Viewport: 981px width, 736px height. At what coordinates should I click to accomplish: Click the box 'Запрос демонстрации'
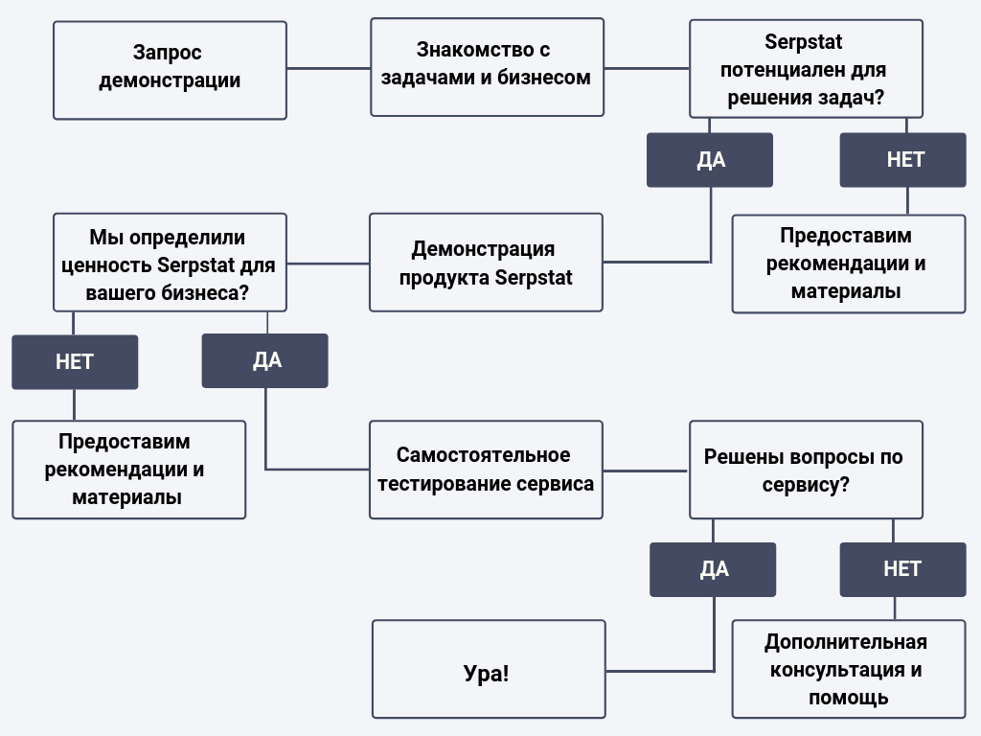[170, 70]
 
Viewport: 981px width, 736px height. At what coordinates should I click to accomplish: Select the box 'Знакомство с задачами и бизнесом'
[487, 67]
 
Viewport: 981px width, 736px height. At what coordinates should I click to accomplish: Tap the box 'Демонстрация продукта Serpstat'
[486, 263]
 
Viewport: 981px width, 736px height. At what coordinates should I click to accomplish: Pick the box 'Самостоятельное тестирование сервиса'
[486, 470]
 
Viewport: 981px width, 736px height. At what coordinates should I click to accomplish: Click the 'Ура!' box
[489, 669]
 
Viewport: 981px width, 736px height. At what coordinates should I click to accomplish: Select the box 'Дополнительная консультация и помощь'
[849, 669]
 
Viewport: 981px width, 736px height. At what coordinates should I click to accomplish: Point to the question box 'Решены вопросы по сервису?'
[806, 470]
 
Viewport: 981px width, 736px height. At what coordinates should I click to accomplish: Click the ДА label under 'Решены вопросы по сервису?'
[713, 569]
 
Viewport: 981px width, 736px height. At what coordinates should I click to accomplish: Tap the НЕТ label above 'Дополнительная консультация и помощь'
[902, 569]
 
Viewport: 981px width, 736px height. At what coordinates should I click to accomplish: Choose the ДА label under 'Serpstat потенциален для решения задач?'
[710, 160]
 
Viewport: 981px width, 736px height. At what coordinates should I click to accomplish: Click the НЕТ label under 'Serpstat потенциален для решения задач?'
[902, 160]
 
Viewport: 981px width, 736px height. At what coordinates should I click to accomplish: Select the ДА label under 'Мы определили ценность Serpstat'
[264, 360]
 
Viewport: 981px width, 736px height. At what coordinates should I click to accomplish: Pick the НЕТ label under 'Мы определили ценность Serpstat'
[75, 361]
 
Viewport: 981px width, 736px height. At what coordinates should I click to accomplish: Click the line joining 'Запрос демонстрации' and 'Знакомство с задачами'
[329, 68]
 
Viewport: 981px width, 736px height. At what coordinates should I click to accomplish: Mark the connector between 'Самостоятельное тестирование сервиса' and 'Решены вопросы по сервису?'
[646, 471]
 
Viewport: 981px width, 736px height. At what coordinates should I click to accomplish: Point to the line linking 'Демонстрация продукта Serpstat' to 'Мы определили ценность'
[328, 264]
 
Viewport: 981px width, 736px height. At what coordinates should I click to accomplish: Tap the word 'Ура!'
[486, 674]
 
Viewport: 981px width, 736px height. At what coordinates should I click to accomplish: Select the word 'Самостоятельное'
[483, 455]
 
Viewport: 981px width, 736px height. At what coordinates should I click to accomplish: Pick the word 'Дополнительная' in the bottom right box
[846, 642]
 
